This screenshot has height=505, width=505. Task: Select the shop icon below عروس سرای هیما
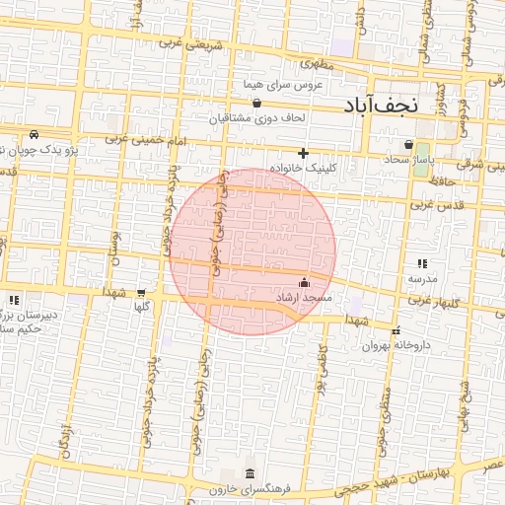pyautogui.click(x=257, y=103)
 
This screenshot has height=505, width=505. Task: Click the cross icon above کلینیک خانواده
pyautogui.click(x=304, y=153)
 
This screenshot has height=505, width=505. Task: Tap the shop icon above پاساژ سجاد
pyautogui.click(x=408, y=144)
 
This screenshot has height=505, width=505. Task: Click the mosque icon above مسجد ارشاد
pyautogui.click(x=303, y=283)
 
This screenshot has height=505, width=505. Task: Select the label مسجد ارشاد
pyautogui.click(x=305, y=298)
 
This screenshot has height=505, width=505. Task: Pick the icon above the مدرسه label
pyautogui.click(x=422, y=263)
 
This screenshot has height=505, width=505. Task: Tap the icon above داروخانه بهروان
pyautogui.click(x=397, y=331)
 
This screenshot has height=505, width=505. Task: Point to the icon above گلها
pyautogui.click(x=141, y=292)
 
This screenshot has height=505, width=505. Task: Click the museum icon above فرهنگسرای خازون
pyautogui.click(x=250, y=472)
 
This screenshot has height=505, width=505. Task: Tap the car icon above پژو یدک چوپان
pyautogui.click(x=35, y=134)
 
